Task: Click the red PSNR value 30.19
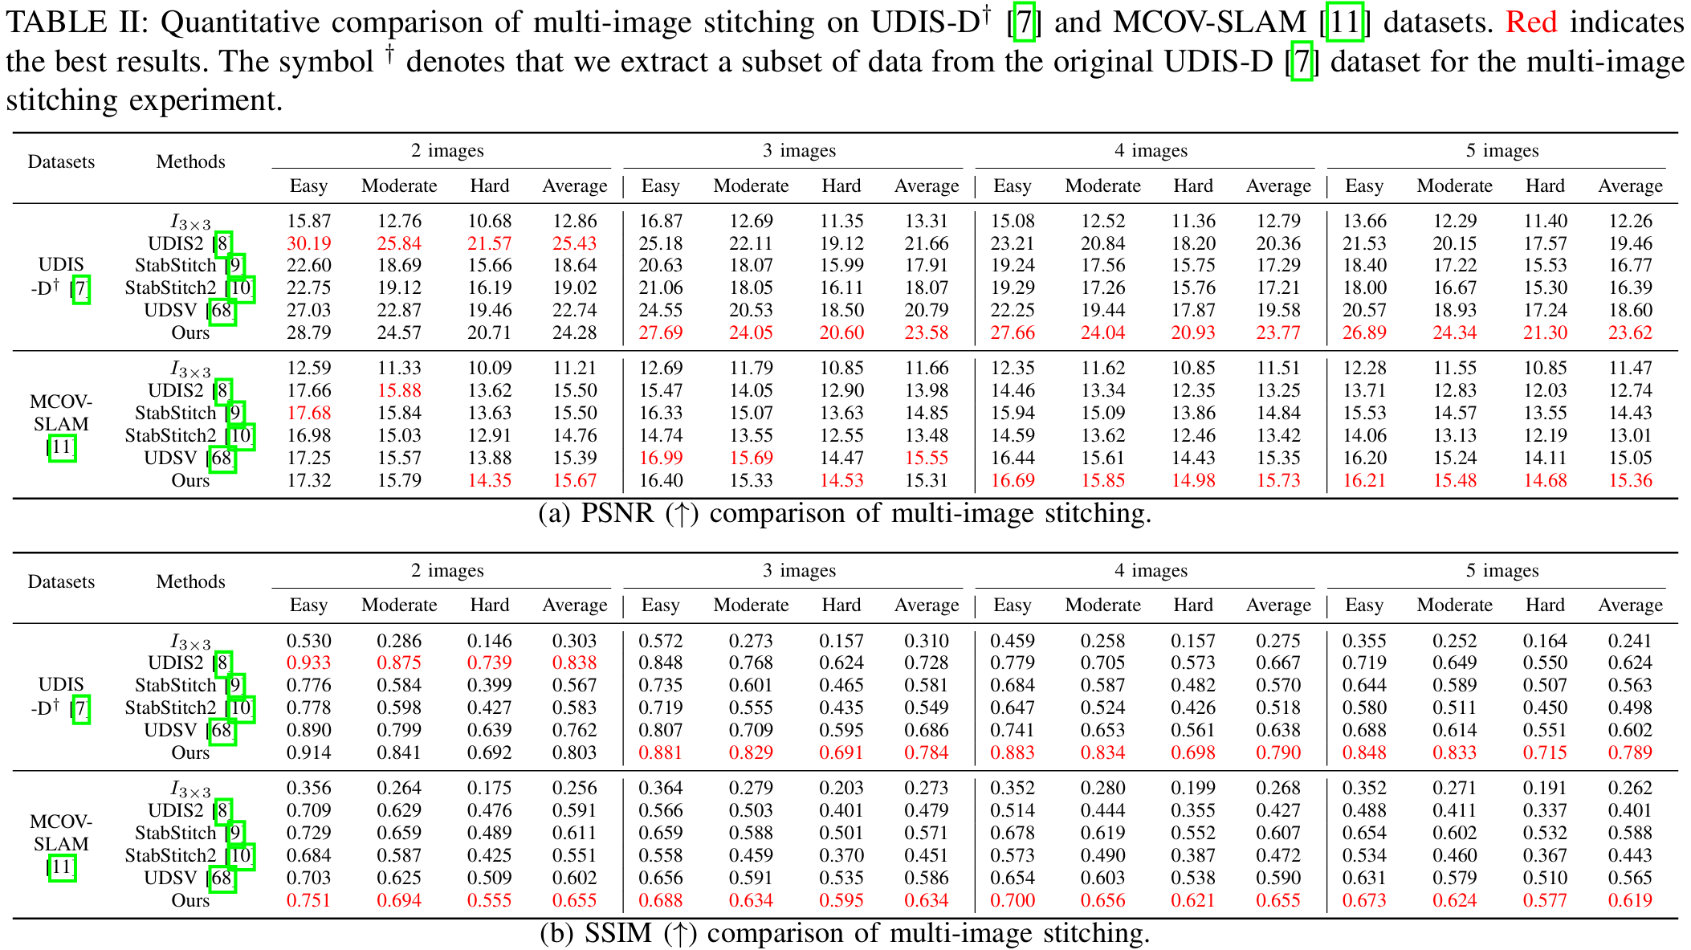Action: click(x=308, y=243)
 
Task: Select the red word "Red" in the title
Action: click(x=1530, y=22)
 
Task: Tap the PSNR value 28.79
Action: click(x=308, y=332)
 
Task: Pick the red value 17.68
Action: click(x=308, y=413)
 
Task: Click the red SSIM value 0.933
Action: click(x=308, y=663)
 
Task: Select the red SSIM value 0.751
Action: click(x=308, y=900)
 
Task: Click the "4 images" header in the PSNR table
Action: click(x=1151, y=151)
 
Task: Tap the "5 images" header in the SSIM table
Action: click(x=1502, y=571)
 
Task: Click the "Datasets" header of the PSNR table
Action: click(x=61, y=162)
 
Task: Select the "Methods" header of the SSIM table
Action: click(x=190, y=582)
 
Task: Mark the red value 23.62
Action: click(x=1630, y=332)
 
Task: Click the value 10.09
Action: click(x=489, y=369)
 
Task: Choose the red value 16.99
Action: click(x=660, y=458)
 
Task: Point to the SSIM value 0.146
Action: click(x=489, y=641)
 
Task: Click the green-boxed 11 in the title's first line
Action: click(x=1344, y=22)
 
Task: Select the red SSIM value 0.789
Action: click(x=1630, y=753)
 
